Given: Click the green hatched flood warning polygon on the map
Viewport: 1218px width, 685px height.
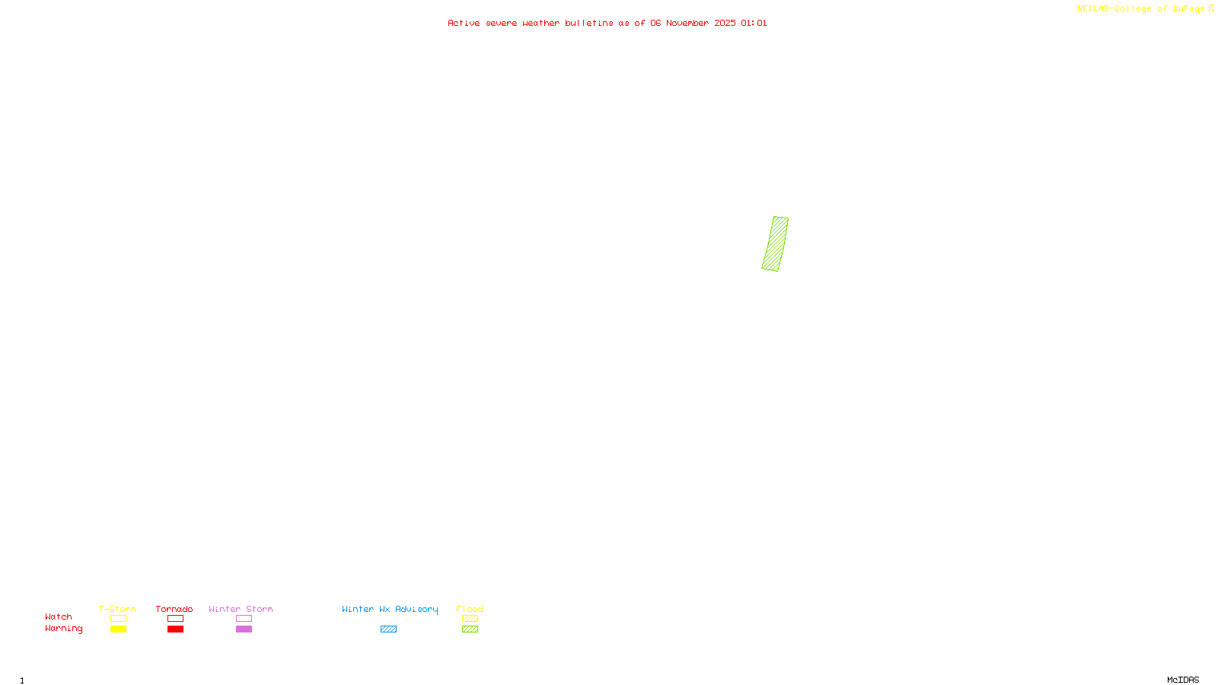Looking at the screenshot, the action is tap(775, 244).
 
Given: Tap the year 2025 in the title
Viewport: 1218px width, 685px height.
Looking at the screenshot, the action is tap(725, 24).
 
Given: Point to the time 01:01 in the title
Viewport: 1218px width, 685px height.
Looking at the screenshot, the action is tap(754, 24).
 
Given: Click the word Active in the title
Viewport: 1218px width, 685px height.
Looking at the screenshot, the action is tap(464, 24).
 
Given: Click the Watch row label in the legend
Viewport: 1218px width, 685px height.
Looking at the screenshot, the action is tap(59, 617).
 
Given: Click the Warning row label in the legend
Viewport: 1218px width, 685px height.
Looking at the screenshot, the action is tap(63, 629).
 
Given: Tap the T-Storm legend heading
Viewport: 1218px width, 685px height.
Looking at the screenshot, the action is tap(117, 609).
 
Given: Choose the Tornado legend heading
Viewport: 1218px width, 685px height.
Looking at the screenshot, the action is tap(174, 609).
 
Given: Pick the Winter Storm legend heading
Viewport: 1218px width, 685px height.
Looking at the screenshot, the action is tap(241, 609).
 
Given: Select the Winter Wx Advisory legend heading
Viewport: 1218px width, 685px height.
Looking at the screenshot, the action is tap(390, 609).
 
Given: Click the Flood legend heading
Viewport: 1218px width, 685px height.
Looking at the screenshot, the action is tap(470, 609).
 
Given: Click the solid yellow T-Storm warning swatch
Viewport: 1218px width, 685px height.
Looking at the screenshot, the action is tap(118, 629).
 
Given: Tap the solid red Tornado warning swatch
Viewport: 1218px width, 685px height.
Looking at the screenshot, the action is tap(175, 629).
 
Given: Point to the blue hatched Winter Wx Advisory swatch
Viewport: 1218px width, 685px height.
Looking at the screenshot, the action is tap(388, 629).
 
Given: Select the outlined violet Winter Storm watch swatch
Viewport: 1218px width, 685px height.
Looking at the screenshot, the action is tap(244, 619).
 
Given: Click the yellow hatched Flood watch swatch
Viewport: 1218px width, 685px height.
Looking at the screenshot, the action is tap(470, 619).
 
